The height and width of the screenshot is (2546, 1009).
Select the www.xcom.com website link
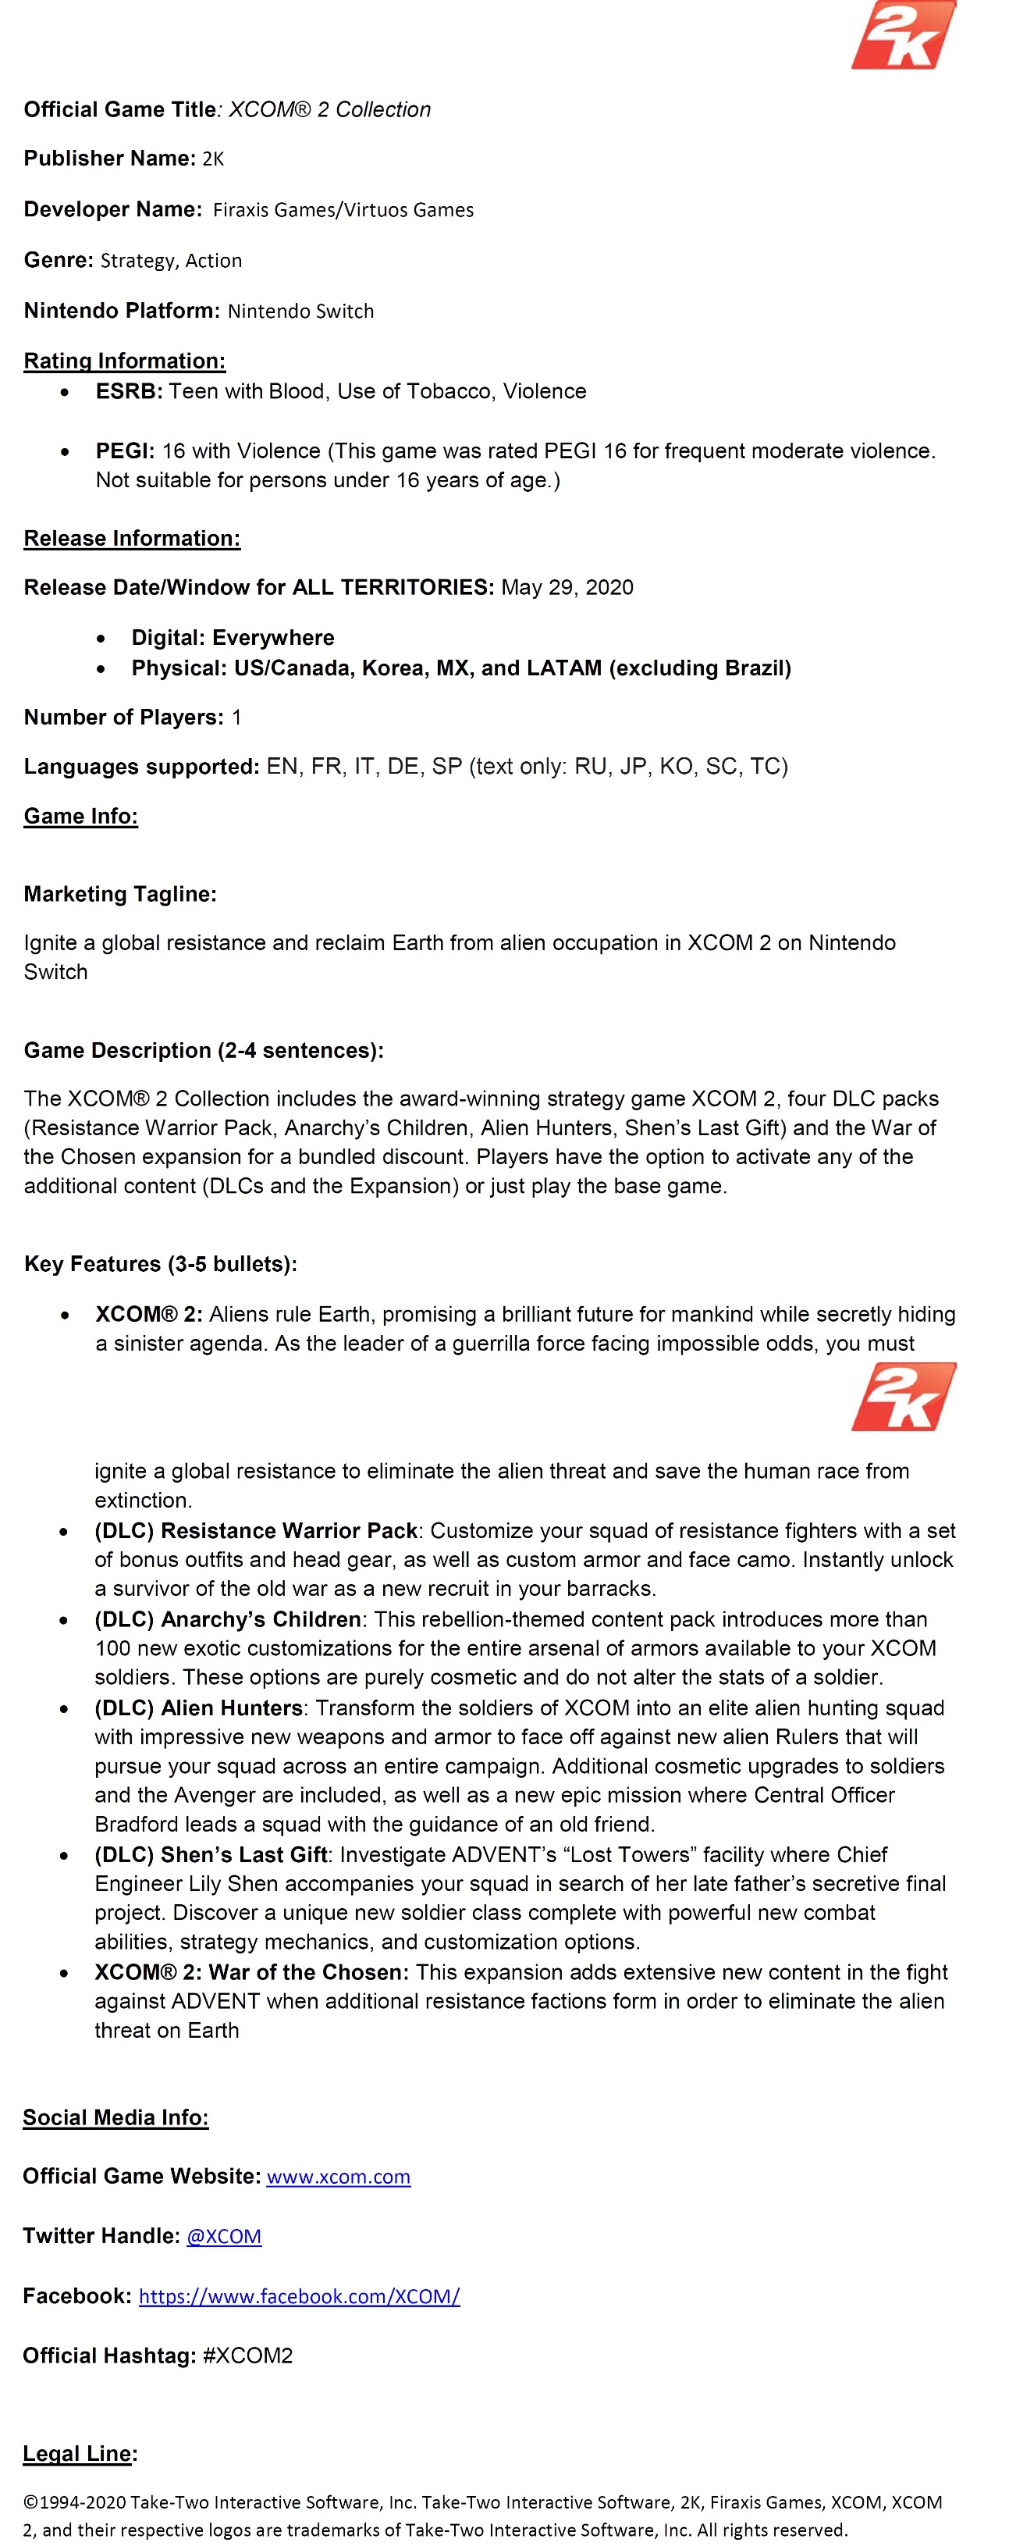tap(338, 2177)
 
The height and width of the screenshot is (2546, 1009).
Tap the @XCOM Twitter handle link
tap(224, 2236)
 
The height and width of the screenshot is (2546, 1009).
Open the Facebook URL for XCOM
tap(300, 2296)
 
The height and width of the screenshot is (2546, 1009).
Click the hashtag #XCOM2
tap(248, 2355)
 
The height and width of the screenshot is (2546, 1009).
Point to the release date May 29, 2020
tap(567, 587)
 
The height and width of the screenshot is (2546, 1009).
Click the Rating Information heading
tap(125, 361)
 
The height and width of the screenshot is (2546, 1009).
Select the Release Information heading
tap(133, 539)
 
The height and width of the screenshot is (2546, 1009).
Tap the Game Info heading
tap(81, 817)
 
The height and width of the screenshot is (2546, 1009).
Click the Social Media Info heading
tap(115, 2117)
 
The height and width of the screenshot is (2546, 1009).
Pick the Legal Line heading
tap(77, 2453)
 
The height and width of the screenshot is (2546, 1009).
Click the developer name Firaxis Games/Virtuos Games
tap(343, 209)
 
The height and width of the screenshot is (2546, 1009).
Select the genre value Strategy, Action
tap(171, 260)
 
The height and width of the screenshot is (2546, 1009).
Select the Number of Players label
tap(123, 718)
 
